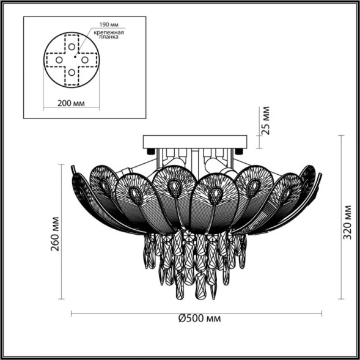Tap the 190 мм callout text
coord(101,25)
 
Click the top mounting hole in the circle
coord(72,46)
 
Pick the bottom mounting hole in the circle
coord(72,73)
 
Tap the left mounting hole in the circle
coord(59,60)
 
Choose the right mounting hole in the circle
coord(86,60)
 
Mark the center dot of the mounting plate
coord(72,60)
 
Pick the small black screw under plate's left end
coord(151,150)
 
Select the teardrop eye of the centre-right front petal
coord(215,194)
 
